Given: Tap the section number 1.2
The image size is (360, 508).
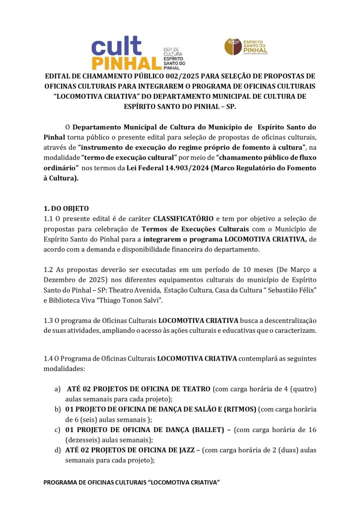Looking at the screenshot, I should coord(49,269).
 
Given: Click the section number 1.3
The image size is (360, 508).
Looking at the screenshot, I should coord(49,320).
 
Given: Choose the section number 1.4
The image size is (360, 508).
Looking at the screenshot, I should coord(49,358).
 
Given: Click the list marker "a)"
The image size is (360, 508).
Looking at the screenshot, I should coord(58,389).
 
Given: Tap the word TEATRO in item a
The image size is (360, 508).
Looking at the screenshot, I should coord(197,389).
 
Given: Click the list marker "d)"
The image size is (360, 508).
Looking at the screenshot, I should coord(58,450).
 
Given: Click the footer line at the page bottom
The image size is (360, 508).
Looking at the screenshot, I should coord(132,482).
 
